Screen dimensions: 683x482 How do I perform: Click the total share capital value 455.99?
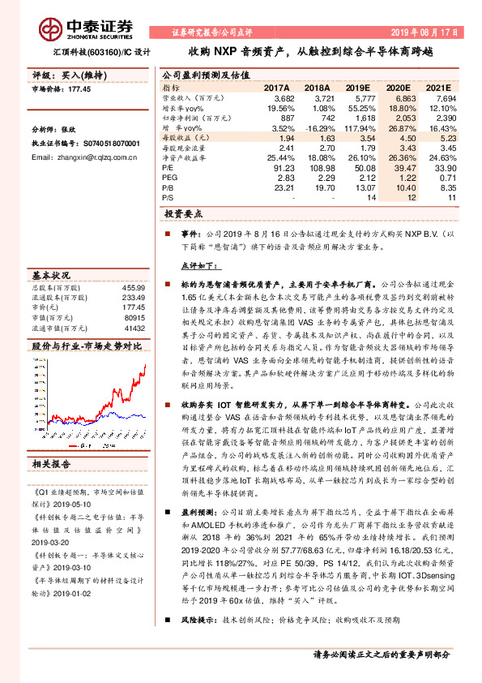[x=133, y=288]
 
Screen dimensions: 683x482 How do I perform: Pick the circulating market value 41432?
[x=133, y=328]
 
